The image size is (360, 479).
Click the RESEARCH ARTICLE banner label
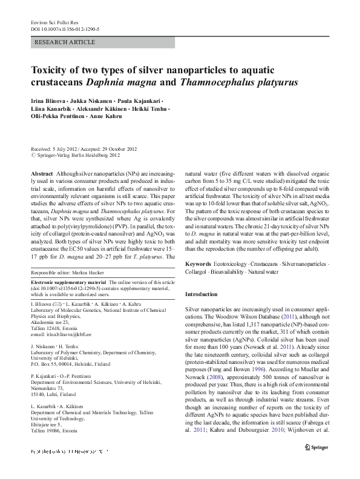[x=65, y=42]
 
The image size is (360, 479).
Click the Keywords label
[x=199, y=265]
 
